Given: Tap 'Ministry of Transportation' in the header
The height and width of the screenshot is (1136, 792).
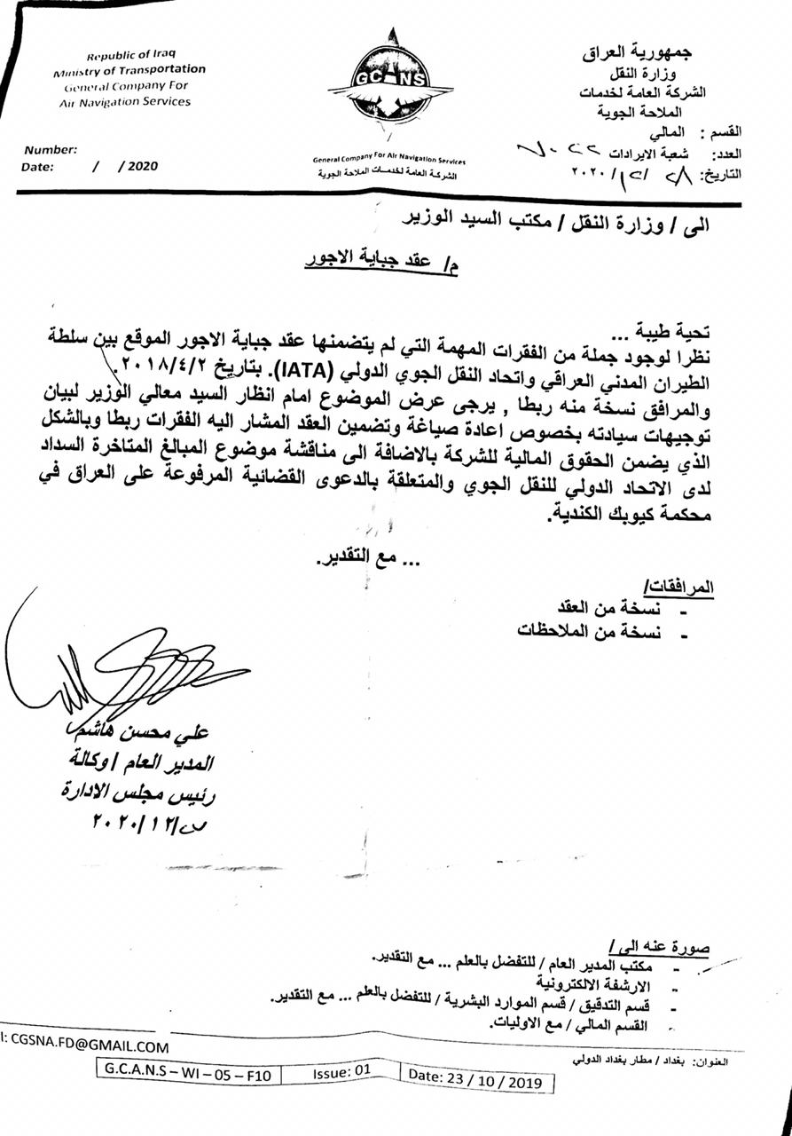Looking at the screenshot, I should pos(129,71).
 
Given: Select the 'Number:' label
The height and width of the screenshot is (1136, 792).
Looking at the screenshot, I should pos(51,150).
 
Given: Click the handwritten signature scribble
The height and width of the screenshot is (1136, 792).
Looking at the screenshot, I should pos(124,670).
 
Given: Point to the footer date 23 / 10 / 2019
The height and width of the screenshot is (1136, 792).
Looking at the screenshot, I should pos(480,1075).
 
